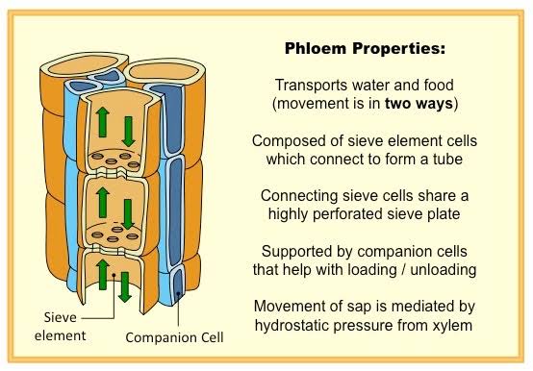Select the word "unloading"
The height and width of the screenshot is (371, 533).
[x=443, y=269]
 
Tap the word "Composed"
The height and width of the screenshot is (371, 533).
[x=286, y=140]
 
